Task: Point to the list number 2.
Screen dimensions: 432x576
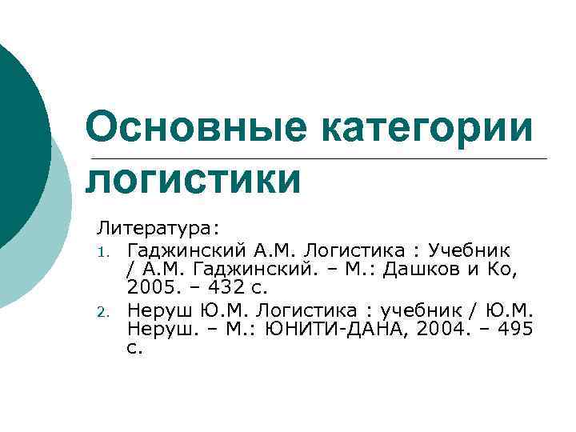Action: coord(103,311)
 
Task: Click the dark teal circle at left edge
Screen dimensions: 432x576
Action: coord(20,144)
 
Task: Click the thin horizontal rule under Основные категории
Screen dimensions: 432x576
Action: coord(320,158)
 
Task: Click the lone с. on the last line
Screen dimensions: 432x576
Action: coord(134,349)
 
